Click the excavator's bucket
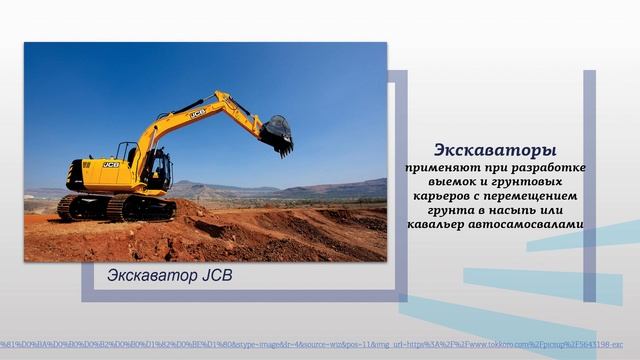[277, 135]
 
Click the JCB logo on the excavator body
[110, 164]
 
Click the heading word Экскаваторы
[495, 149]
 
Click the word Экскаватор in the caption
[148, 274]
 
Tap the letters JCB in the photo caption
[213, 274]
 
